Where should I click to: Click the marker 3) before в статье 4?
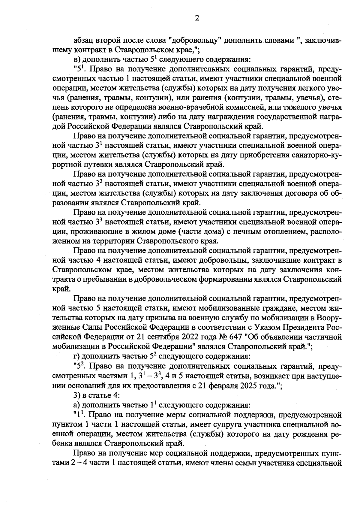77,395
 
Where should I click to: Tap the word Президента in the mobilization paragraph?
305,327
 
